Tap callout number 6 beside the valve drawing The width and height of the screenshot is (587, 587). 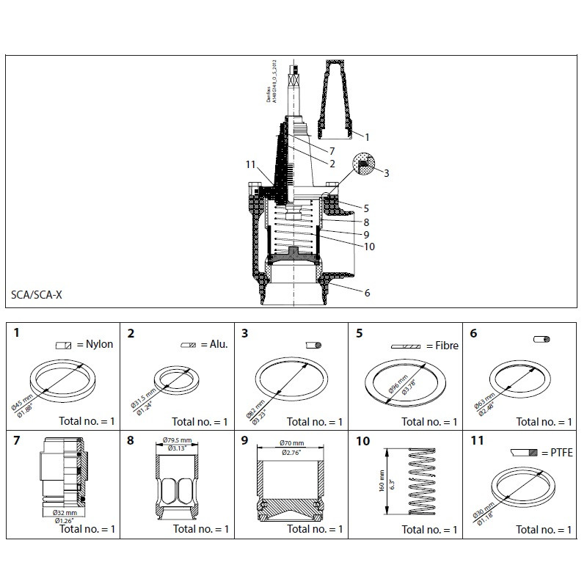[368, 293]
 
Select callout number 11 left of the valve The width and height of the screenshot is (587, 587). [250, 164]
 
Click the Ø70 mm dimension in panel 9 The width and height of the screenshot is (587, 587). [292, 444]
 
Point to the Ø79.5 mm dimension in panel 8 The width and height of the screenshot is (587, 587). [177, 441]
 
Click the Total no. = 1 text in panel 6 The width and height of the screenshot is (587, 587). [544, 421]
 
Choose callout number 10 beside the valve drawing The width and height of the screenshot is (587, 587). [369, 247]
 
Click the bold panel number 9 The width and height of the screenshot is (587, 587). [246, 442]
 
